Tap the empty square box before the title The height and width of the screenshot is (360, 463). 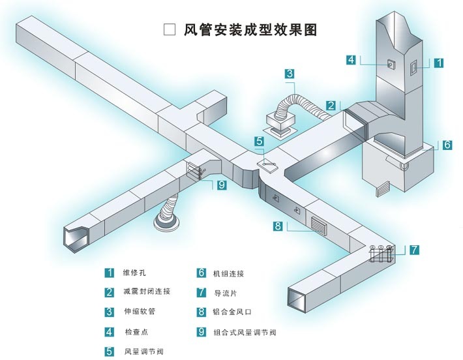[x=170, y=30]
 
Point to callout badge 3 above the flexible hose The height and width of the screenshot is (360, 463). [x=290, y=74]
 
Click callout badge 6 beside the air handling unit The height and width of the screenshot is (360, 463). [x=447, y=145]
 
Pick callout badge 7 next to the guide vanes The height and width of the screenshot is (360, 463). [x=415, y=249]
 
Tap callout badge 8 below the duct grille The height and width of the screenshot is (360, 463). [x=278, y=226]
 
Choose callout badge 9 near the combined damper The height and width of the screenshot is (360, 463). [x=221, y=185]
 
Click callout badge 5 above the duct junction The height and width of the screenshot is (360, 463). [x=259, y=141]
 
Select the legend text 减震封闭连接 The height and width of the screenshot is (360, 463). [x=147, y=292]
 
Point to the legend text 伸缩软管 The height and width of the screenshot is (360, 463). [x=139, y=311]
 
